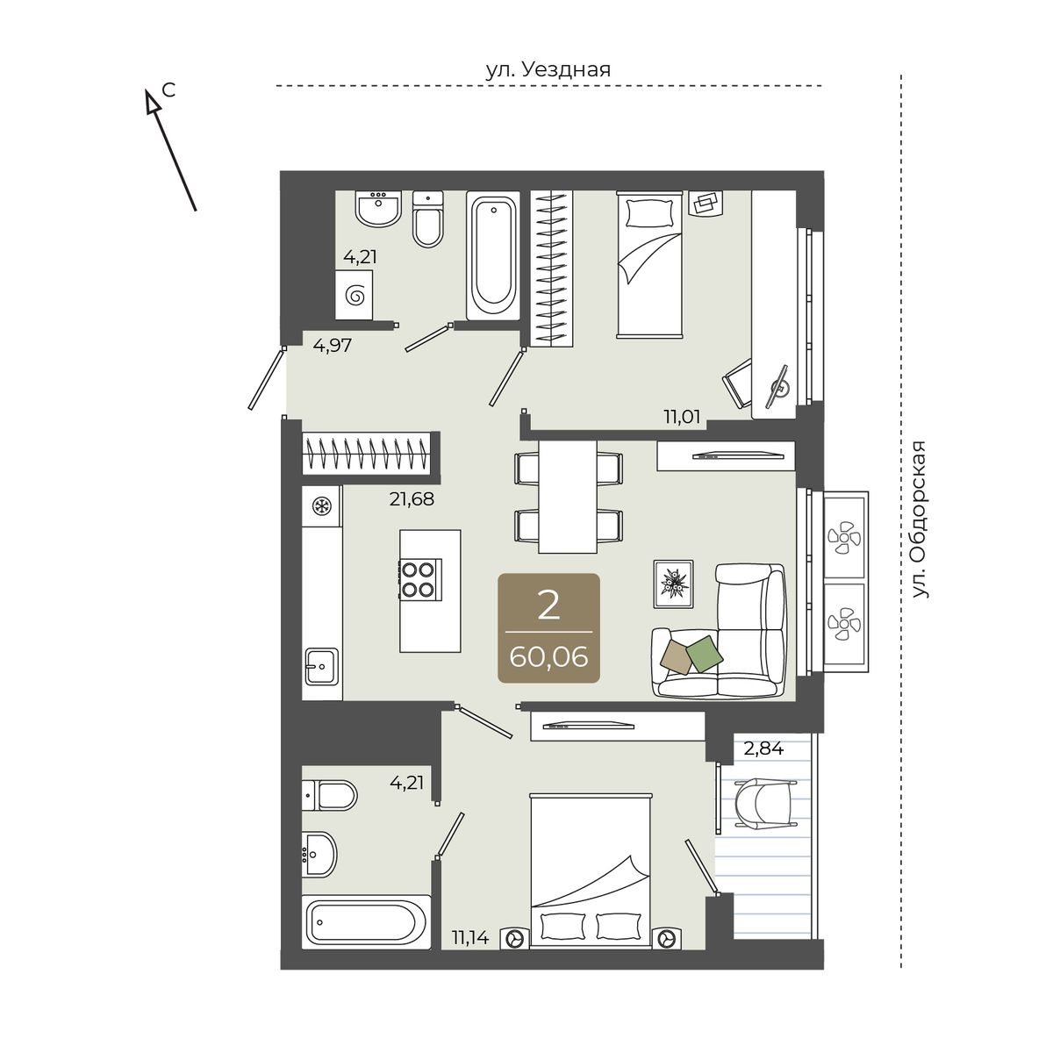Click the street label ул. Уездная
click(x=548, y=69)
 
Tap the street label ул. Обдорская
click(x=920, y=519)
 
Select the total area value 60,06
click(x=548, y=657)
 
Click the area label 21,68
click(x=412, y=498)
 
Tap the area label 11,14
click(x=470, y=938)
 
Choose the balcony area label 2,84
click(x=764, y=749)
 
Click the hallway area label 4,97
click(x=333, y=346)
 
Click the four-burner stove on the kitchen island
click(x=420, y=579)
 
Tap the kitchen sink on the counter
click(x=322, y=666)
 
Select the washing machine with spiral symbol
click(x=355, y=295)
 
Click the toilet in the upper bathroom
click(x=427, y=218)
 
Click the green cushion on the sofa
click(x=704, y=654)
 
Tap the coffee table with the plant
click(x=673, y=584)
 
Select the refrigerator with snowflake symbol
click(x=322, y=506)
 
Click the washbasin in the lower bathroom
click(x=319, y=855)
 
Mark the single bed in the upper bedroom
click(x=649, y=264)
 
